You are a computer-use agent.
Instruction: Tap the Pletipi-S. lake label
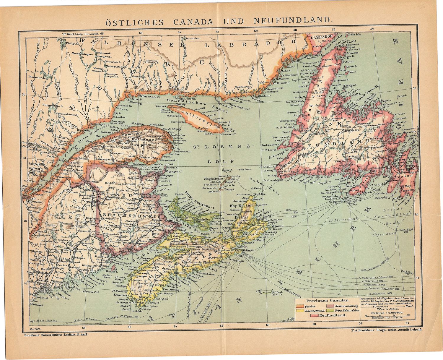tap(73, 43)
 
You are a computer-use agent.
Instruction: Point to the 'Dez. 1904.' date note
tap(35, 329)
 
